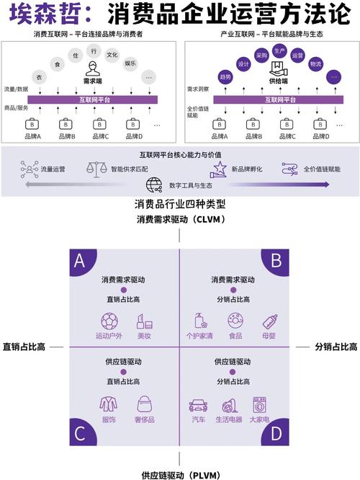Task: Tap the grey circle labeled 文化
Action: (112, 55)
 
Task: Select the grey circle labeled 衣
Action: (40, 76)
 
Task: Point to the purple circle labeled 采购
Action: (261, 55)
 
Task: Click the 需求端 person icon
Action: (93, 68)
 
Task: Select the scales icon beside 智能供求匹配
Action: (95, 169)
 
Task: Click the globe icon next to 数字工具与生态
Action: (153, 185)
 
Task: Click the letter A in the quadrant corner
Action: (79, 261)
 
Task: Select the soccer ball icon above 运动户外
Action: (109, 320)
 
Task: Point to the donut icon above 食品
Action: (235, 320)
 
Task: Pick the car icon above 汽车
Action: (197, 405)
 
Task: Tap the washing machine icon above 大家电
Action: (259, 404)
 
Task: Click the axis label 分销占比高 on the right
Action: (336, 347)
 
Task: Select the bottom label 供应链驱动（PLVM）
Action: (179, 474)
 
